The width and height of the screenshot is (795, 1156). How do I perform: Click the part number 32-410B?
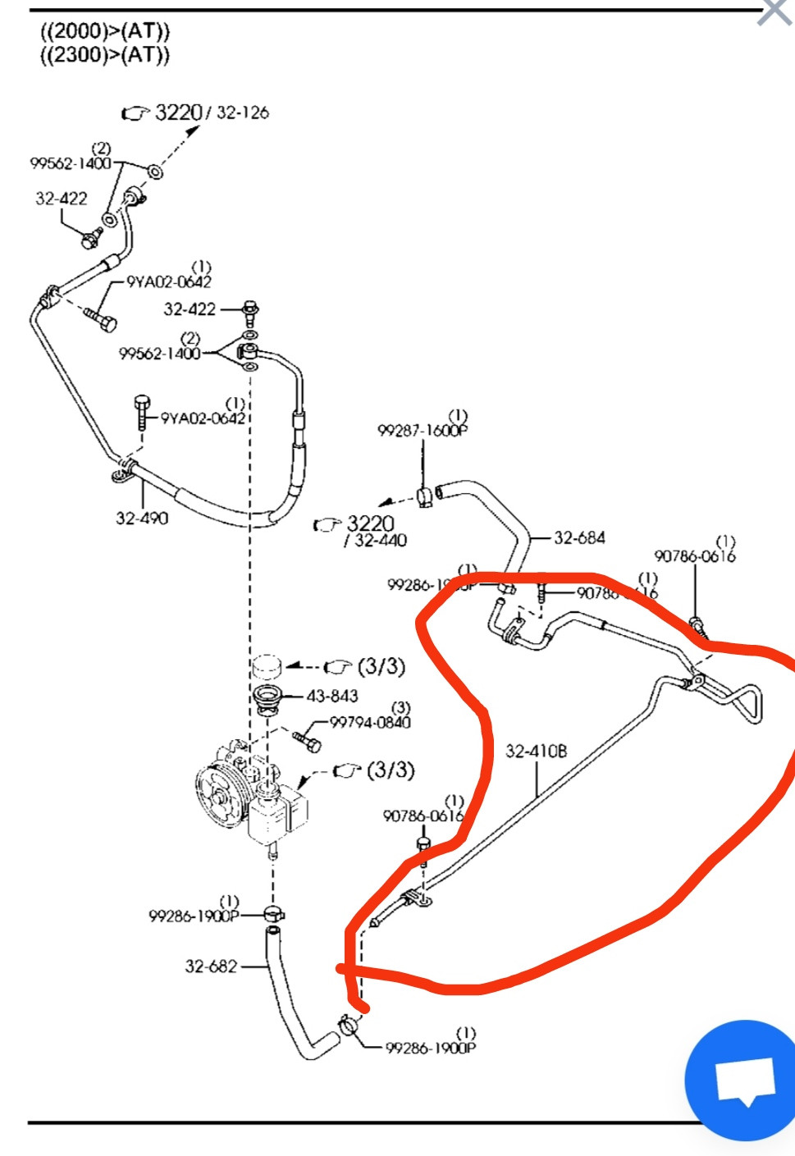536,751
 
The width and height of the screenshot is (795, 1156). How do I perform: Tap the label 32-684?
579,538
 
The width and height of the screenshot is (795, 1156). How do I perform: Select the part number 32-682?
211,966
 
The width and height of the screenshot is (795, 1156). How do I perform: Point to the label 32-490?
142,518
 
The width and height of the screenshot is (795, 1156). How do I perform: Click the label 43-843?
332,696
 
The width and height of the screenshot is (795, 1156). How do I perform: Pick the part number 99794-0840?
370,722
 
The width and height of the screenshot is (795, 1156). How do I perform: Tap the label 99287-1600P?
422,431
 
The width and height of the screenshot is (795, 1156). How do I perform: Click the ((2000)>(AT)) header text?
105,32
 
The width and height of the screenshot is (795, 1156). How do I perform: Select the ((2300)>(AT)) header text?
105,55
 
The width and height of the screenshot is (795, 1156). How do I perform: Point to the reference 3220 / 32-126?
211,112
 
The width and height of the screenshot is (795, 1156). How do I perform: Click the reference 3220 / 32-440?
371,530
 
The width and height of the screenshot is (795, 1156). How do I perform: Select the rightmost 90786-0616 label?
694,556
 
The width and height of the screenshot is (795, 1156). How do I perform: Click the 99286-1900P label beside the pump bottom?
194,916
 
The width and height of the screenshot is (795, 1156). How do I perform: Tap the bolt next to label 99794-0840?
308,742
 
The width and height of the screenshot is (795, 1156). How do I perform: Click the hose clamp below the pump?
274,913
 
